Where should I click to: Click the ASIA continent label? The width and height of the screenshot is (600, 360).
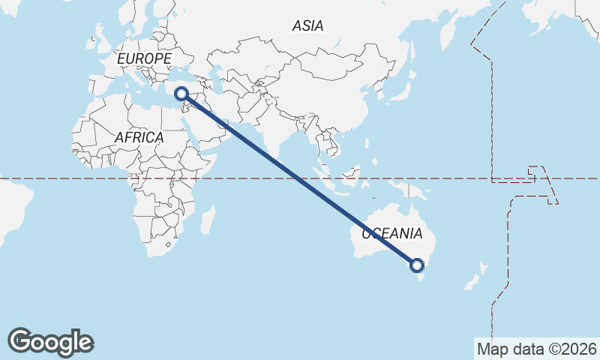click(x=308, y=26)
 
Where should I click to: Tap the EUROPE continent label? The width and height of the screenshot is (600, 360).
click(x=145, y=58)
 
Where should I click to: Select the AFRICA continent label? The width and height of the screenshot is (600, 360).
click(x=139, y=137)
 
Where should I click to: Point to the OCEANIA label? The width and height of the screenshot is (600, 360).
click(x=392, y=233)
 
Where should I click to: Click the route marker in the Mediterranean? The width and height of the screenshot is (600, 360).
click(x=181, y=94)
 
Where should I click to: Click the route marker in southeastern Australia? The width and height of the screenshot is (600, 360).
click(x=417, y=265)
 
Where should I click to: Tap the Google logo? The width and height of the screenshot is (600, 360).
click(x=50, y=342)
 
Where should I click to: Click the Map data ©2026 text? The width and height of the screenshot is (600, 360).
click(x=537, y=349)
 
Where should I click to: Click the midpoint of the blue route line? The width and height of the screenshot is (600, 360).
click(x=299, y=179)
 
